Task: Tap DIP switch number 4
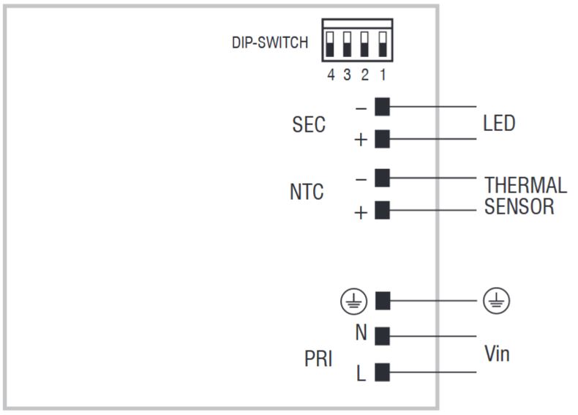click(x=331, y=44)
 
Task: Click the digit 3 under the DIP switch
click(x=348, y=75)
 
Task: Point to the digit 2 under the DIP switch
click(x=365, y=75)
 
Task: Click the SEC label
click(x=308, y=124)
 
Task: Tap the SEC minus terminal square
click(x=382, y=107)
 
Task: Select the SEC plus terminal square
click(x=382, y=139)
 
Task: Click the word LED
click(x=499, y=123)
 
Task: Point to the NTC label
click(x=307, y=192)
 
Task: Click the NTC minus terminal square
click(x=382, y=178)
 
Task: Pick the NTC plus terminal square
click(x=382, y=211)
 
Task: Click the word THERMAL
click(x=525, y=185)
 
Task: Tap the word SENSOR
click(x=519, y=206)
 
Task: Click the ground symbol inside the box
click(x=351, y=300)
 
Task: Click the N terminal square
click(x=382, y=337)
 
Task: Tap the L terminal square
click(x=382, y=373)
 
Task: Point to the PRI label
click(x=318, y=359)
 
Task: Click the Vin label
click(x=497, y=355)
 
